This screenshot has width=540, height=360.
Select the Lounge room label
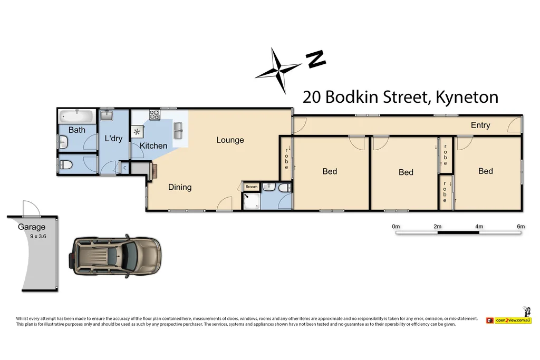[x=230, y=140]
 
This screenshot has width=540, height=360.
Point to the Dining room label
[x=180, y=187]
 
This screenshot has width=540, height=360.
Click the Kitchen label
[x=153, y=145]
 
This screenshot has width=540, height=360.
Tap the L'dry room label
[x=113, y=139]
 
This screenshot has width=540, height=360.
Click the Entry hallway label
[x=480, y=125]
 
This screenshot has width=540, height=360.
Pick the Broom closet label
[x=252, y=187]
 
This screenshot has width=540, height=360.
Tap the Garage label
[x=32, y=227]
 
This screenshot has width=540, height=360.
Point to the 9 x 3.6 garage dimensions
[x=38, y=236]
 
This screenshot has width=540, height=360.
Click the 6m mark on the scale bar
[x=521, y=227]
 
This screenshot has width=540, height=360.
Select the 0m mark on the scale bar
[x=396, y=227]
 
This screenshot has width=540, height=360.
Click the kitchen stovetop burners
[x=155, y=114]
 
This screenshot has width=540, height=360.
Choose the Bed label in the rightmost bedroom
[x=486, y=171]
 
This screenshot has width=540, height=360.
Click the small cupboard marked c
[x=124, y=168]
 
